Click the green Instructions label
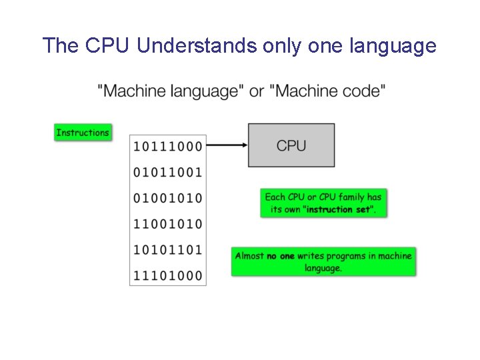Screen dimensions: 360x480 tap(83, 133)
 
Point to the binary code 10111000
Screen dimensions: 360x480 tap(168, 146)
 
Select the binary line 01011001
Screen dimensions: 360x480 tap(168, 172)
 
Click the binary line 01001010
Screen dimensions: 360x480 tap(168, 198)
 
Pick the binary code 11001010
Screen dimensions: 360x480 tap(168, 223)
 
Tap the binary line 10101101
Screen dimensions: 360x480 tap(168, 249)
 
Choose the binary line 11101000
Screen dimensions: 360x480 tap(168, 275)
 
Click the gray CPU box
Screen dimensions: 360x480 tap(291, 145)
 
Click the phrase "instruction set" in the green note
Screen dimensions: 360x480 tap(339, 209)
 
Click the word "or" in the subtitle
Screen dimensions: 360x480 tap(256, 91)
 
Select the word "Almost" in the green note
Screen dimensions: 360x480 tap(249, 256)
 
